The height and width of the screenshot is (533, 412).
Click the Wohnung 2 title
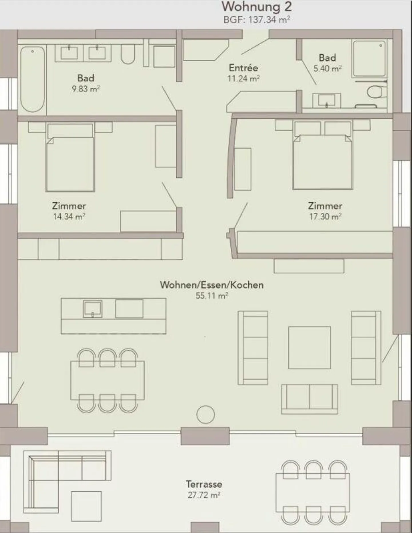tap(257, 7)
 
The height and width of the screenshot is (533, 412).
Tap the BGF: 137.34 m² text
tap(257, 20)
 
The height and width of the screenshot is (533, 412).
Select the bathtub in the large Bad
tap(33, 79)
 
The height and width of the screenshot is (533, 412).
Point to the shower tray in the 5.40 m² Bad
tap(369, 58)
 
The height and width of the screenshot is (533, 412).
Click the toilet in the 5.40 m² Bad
tap(375, 92)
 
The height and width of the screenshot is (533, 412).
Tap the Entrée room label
tap(243, 68)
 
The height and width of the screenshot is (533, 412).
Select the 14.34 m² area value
tap(69, 217)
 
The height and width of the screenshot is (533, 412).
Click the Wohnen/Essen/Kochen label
tap(211, 285)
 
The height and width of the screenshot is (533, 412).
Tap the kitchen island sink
tap(92, 309)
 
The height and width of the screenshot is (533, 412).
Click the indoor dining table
tap(107, 380)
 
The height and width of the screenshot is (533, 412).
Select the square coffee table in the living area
tap(309, 347)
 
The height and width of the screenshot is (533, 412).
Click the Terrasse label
tap(204, 484)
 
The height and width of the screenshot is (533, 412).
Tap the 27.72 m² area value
tap(204, 495)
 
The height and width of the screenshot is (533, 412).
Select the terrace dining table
tap(312, 493)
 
